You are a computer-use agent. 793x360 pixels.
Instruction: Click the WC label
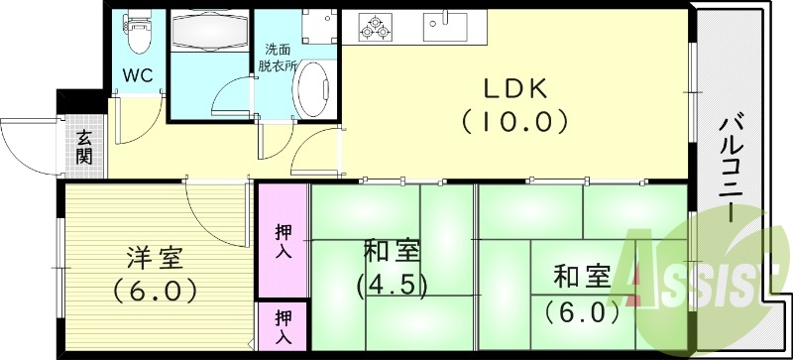136,75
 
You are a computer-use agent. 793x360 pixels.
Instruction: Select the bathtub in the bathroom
210,35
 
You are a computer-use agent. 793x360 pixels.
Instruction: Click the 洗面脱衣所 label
278,58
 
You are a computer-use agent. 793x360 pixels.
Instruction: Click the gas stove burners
376,27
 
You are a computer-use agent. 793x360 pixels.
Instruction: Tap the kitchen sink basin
444,23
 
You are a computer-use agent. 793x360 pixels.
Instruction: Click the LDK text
514,89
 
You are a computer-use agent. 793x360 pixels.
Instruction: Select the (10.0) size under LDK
514,122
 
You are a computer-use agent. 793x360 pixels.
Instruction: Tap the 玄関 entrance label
83,148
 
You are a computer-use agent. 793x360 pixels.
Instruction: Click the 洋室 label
154,260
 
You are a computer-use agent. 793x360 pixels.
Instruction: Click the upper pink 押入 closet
283,240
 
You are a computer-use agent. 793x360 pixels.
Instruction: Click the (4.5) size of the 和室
392,286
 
